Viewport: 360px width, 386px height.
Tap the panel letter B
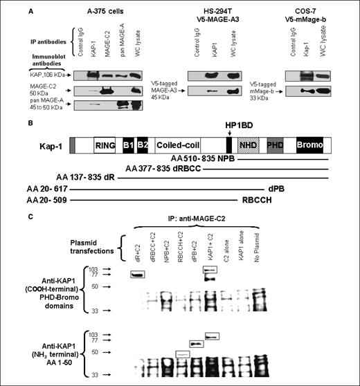coord(30,125)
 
